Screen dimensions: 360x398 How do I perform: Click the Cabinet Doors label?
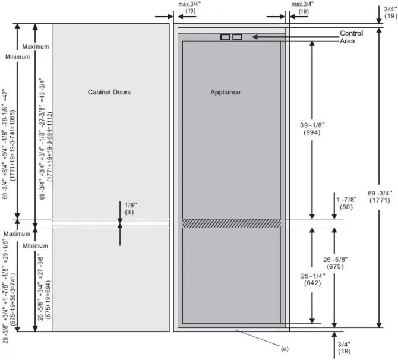[x=109, y=93]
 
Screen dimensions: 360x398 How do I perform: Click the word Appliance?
[x=225, y=93]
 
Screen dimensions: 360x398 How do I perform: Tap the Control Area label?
[x=351, y=37]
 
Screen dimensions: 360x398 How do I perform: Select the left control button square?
[x=225, y=37]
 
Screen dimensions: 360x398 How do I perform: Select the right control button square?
[x=237, y=37]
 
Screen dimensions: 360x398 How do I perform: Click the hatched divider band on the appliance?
[x=230, y=223]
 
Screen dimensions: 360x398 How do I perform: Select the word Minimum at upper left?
[x=16, y=57]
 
